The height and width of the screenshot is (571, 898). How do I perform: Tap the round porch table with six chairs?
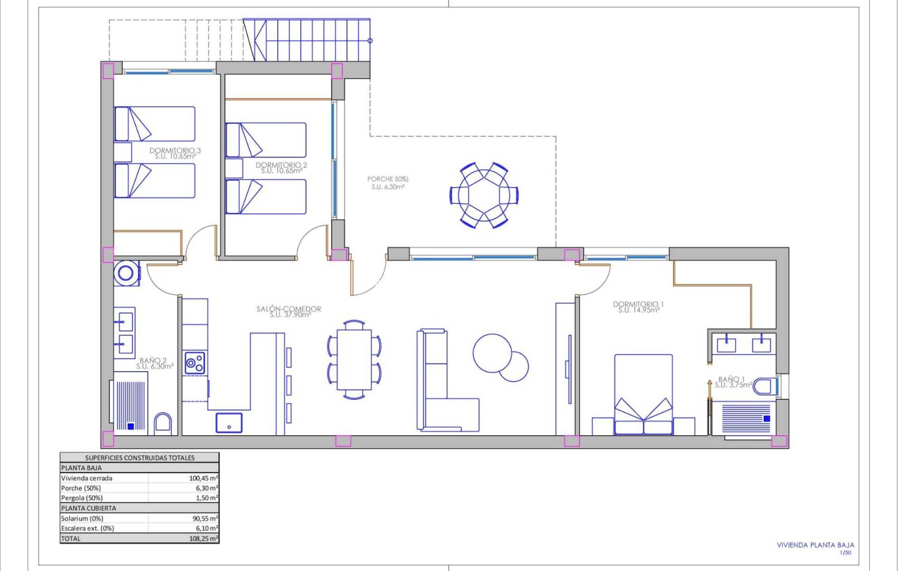pyautogui.click(x=484, y=195)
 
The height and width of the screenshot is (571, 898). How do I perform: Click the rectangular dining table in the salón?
pyautogui.click(x=354, y=360)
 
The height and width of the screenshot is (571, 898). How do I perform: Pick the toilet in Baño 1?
pyautogui.click(x=764, y=386)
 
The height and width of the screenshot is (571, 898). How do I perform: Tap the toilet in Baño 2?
pyautogui.click(x=163, y=424)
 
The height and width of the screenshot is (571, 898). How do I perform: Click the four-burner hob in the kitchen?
pyautogui.click(x=194, y=363)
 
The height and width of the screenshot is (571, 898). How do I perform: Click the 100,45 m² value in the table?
pyautogui.click(x=203, y=478)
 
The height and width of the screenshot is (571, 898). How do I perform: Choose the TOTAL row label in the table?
pyautogui.click(x=71, y=538)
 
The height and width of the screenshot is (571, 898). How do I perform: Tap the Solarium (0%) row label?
pyautogui.click(x=82, y=518)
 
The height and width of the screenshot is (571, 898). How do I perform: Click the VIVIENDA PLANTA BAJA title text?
pyautogui.click(x=815, y=545)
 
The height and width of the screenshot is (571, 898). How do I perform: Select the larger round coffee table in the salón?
pyautogui.click(x=492, y=353)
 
